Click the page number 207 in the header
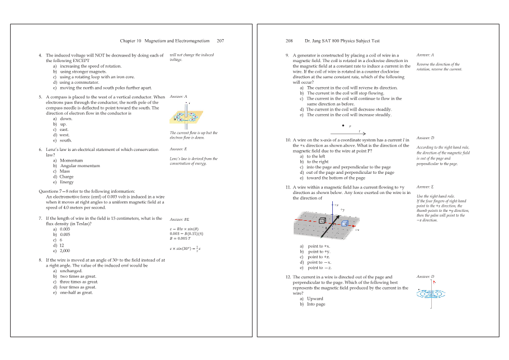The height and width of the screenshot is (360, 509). (220, 41)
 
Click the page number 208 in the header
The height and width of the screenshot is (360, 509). (289, 41)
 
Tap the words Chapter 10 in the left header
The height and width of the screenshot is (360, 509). (131, 41)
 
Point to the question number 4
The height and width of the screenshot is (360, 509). (40, 55)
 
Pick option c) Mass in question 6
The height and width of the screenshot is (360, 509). (63, 171)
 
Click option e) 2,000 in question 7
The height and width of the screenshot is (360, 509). (62, 251)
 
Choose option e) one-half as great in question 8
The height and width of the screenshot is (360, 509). (73, 292)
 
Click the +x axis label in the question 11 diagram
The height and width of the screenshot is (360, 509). (356, 230)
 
